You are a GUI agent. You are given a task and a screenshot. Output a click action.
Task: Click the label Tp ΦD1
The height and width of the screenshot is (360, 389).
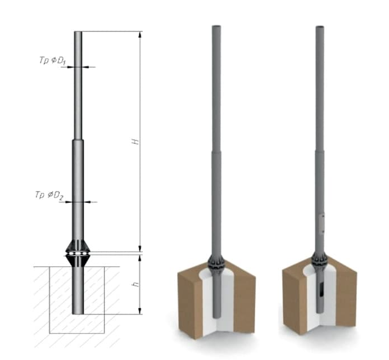pos(52,61)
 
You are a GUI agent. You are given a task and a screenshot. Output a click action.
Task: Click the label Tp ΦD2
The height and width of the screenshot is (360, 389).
pos(49,195)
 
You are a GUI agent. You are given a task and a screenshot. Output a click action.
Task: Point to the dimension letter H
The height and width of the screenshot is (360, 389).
pos(135,142)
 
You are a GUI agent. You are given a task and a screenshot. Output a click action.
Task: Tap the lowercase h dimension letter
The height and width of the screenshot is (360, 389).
pos(135,284)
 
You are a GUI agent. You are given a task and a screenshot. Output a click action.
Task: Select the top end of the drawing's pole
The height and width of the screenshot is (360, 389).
pos(78,32)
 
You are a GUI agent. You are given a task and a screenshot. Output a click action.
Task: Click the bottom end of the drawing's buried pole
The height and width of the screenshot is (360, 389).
pos(78,313)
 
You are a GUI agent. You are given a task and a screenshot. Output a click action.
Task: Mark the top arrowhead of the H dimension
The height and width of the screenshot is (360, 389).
pos(140,34)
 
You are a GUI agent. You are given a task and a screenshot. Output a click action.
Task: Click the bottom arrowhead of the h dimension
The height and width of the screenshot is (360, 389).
pos(140,311)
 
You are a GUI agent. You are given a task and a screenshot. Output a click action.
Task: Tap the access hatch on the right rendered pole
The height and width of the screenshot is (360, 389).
pos(322,224)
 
